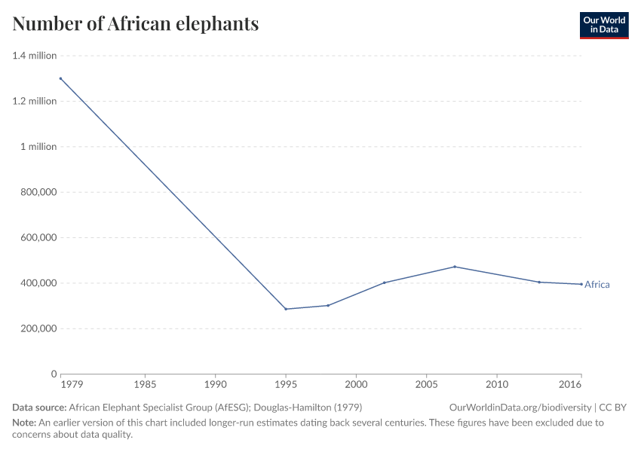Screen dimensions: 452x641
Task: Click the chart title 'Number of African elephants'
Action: [136, 24]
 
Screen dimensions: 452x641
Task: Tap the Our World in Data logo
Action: [603, 25]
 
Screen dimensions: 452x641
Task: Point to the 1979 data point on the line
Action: [60, 78]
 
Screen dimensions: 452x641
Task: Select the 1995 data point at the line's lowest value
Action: [286, 309]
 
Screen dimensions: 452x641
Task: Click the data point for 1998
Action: [328, 305]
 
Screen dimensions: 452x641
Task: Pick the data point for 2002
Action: [385, 282]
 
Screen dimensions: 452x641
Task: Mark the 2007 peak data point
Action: [455, 267]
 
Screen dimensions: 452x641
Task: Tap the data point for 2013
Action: [539, 282]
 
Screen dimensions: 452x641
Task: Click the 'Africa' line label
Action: [597, 285]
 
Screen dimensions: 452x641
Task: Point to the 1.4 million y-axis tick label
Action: [35, 56]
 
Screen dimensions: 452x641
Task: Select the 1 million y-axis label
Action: [38, 147]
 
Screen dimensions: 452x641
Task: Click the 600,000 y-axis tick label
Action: [36, 237]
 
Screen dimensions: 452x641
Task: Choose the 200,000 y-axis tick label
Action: [36, 328]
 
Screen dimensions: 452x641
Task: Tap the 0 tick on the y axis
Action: [54, 374]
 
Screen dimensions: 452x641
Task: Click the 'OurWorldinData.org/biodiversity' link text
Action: [520, 408]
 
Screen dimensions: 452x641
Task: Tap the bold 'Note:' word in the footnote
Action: [26, 423]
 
